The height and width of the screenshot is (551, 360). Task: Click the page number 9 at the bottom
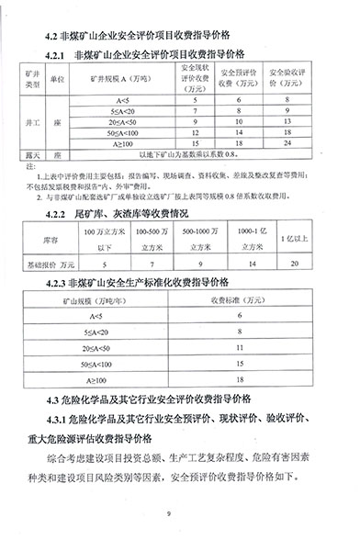[x=181, y=515]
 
